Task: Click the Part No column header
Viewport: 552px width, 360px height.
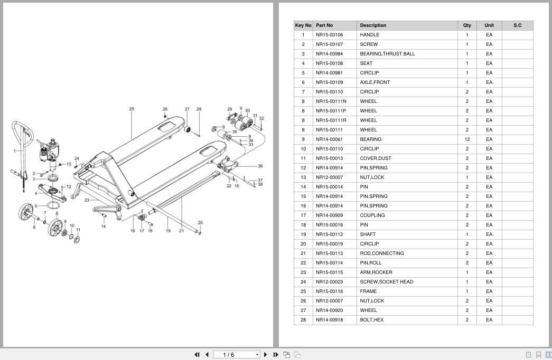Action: [324, 25]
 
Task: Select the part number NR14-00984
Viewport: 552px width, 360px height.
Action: [329, 54]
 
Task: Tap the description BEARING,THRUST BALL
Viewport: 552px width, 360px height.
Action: [387, 54]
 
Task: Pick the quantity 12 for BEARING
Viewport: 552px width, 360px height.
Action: [467, 139]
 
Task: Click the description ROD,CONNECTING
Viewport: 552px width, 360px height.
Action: [381, 253]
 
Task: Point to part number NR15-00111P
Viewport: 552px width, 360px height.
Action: [331, 111]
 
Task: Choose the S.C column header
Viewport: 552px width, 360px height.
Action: [518, 25]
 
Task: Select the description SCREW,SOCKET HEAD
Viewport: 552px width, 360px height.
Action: [386, 282]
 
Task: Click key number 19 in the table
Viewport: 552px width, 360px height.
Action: [303, 234]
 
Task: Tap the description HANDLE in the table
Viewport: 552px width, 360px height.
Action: [369, 35]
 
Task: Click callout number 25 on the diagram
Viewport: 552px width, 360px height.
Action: [132, 109]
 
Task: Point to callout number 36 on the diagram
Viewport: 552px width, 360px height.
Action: [260, 166]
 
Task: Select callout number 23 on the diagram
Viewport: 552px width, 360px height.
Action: [87, 200]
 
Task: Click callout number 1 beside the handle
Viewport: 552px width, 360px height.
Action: [15, 151]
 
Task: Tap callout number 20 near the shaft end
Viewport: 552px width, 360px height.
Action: [200, 223]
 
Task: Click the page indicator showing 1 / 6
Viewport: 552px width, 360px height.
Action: [229, 355]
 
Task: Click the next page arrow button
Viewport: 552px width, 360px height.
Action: [266, 355]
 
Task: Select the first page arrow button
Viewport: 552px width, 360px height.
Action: [197, 355]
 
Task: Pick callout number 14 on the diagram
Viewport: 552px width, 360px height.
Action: [104, 226]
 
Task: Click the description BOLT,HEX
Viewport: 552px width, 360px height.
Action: [371, 320]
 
